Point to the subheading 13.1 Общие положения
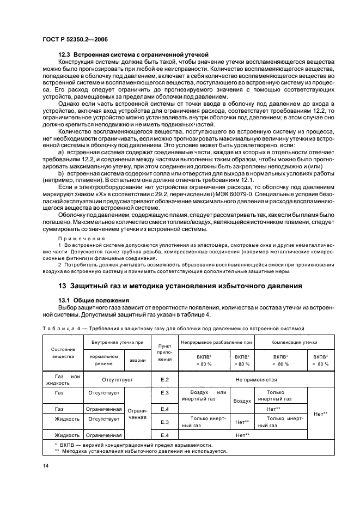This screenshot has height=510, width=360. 93,300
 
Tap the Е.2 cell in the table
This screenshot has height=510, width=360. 164,379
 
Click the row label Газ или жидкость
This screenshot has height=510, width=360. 63,379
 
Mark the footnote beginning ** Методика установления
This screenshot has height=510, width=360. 141,452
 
